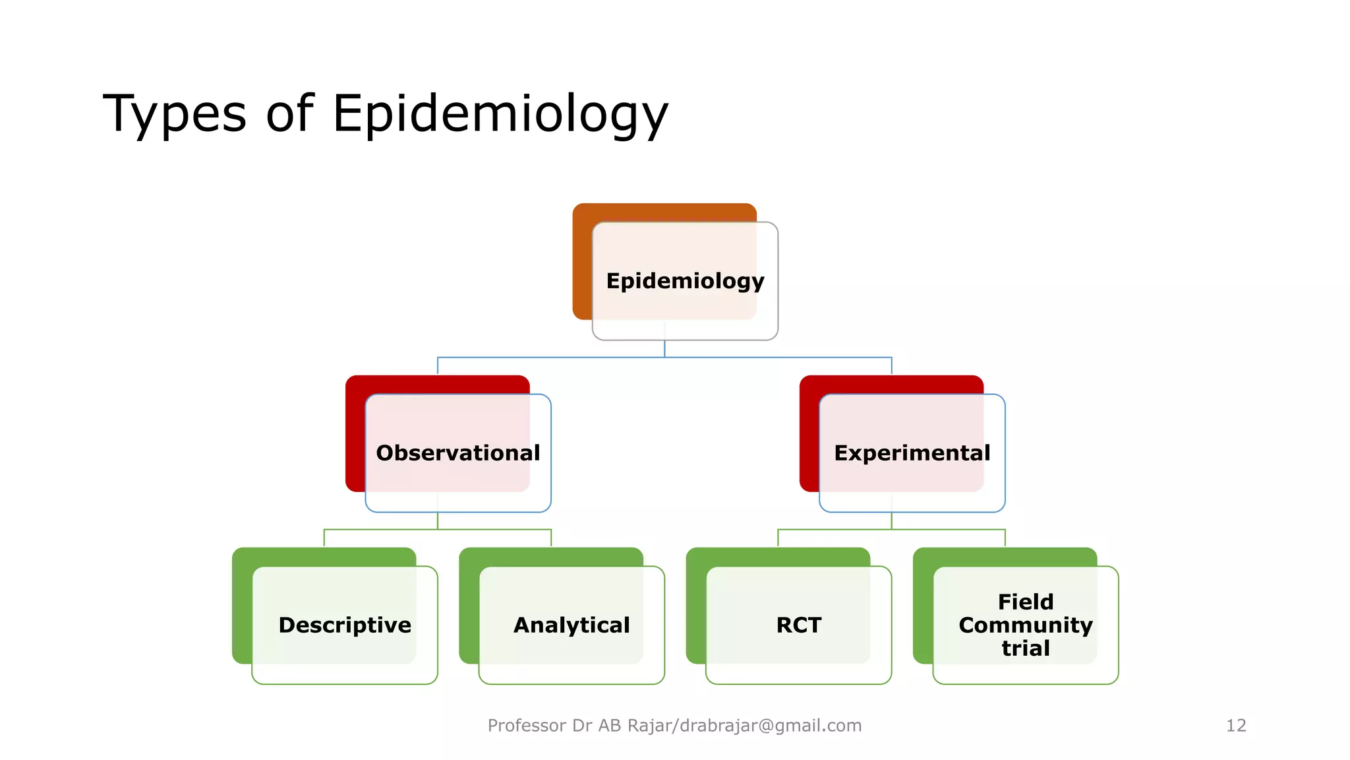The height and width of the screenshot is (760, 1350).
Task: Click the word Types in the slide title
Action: tap(175, 114)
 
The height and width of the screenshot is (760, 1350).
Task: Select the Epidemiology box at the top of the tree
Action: tap(685, 281)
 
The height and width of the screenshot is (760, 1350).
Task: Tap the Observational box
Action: tap(457, 453)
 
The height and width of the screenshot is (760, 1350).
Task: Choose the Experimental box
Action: tap(912, 453)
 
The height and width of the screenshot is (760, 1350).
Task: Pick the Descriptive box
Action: tap(344, 625)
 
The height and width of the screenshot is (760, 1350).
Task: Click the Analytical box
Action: tap(572, 625)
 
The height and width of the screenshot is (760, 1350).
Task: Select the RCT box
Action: tap(798, 625)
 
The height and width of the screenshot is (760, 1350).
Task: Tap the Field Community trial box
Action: tap(1025, 625)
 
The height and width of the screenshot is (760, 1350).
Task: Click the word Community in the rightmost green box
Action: tap(1025, 625)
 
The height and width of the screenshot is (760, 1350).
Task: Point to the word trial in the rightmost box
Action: tap(1025, 649)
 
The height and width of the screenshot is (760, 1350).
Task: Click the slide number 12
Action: tap(1235, 726)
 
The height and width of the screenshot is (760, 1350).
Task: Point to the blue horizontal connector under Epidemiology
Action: tap(778, 358)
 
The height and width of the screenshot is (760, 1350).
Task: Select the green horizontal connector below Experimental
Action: tap(949, 529)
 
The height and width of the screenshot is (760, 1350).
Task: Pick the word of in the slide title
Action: tap(289, 114)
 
